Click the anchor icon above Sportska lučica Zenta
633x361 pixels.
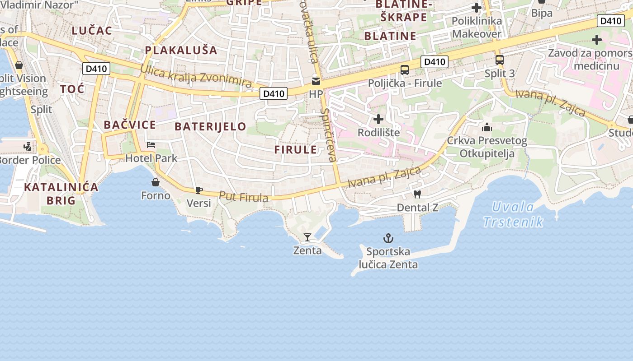coord(388,238)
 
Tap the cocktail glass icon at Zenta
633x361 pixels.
coord(307,237)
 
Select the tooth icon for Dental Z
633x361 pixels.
coord(417,194)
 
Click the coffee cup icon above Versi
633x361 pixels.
coord(198,190)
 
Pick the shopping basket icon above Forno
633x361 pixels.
coord(156,182)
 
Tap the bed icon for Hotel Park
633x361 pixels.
coord(151,145)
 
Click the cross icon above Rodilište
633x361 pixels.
coord(378,119)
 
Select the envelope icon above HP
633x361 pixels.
coord(316,81)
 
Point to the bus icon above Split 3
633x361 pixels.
coord(500,60)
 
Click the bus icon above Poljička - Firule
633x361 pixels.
coord(405,70)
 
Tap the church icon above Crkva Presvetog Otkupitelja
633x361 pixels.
coord(487,127)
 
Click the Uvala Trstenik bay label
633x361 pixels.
coord(513,214)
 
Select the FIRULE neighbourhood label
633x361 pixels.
coord(296,150)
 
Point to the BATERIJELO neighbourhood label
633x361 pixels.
coord(210,126)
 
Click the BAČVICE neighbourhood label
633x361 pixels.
coord(130,125)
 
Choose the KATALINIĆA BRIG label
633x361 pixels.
coord(61,194)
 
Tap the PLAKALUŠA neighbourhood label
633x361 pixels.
coord(181,50)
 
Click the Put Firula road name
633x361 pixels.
coord(243,197)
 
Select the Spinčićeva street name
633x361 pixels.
coord(329,135)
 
